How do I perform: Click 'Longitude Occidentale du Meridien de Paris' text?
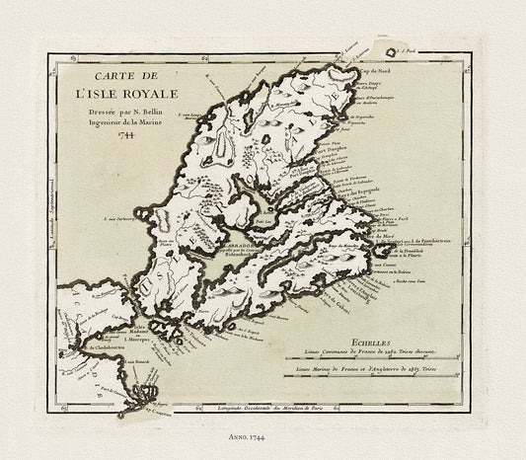(262, 407)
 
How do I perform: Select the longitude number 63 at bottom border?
(64, 405)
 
